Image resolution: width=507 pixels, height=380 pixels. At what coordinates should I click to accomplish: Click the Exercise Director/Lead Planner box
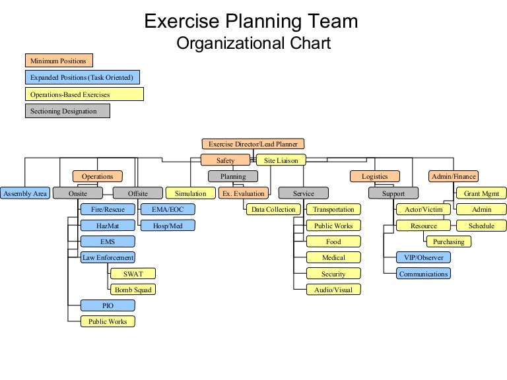pos(253,144)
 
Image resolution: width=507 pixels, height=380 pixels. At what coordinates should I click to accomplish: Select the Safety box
pos(226,160)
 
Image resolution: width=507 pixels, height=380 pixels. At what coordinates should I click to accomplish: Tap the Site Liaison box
pos(281,160)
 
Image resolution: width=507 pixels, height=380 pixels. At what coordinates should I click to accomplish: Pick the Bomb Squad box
pos(132,290)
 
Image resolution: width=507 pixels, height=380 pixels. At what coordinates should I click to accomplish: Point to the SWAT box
pos(132,274)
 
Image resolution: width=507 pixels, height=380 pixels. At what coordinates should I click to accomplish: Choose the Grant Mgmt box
pos(481,193)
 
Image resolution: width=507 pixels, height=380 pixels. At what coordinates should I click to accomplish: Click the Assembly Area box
pos(25,193)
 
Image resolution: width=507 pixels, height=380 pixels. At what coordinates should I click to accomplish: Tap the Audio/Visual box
pos(333,290)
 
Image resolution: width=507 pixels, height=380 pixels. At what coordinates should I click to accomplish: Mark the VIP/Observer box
pos(423,257)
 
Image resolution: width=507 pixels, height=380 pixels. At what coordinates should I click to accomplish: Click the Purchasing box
pos(449,241)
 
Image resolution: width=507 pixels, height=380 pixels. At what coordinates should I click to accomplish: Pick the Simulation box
pos(191,193)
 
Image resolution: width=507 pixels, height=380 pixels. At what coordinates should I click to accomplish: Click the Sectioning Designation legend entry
pos(67,111)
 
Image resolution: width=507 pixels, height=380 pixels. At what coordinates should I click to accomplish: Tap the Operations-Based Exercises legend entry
pos(84,94)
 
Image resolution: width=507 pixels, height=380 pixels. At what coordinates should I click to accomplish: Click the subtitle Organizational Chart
pos(253,44)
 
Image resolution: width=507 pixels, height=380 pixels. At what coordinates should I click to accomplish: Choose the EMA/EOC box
pos(168,210)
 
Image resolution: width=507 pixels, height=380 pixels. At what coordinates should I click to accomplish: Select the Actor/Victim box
pos(423,210)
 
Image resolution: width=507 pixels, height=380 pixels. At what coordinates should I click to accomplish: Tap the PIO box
pos(107,305)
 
